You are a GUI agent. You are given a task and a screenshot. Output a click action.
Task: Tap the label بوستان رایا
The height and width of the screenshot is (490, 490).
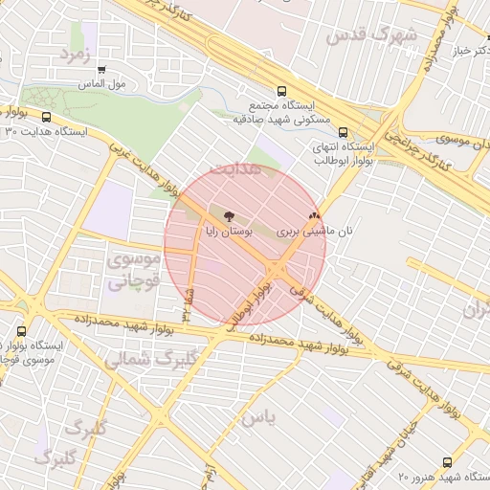(229, 232)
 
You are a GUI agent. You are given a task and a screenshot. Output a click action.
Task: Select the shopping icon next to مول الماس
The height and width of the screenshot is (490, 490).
(101, 69)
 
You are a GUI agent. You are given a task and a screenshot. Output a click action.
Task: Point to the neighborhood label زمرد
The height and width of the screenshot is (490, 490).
(74, 54)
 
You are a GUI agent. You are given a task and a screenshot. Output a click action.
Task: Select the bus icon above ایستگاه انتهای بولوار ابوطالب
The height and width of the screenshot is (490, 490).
(343, 134)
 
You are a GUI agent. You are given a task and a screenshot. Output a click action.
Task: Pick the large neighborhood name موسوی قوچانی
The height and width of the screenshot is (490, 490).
(125, 271)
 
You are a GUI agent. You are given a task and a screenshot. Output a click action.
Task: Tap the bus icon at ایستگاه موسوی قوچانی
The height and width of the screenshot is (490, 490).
(22, 331)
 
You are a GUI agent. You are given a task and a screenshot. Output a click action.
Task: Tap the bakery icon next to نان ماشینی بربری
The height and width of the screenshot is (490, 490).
(315, 216)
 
